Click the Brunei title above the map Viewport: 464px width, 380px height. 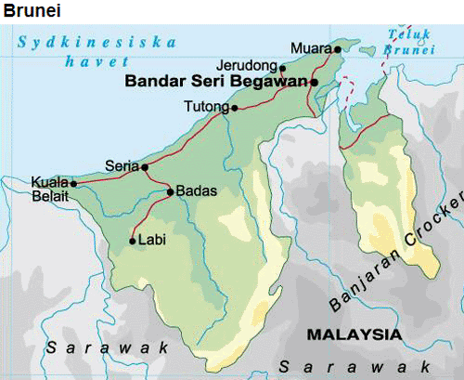[x=27, y=10]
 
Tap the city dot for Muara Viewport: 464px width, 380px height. [x=339, y=48]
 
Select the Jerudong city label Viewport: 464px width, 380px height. [x=245, y=66]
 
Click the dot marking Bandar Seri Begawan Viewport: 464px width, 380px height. [x=315, y=83]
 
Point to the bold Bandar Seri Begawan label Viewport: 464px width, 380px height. [x=215, y=83]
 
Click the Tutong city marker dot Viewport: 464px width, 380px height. [x=235, y=108]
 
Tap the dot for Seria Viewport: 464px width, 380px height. [x=145, y=167]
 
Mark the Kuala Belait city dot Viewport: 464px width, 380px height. [x=73, y=184]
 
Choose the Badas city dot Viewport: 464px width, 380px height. [x=170, y=192]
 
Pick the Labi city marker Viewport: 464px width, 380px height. [x=133, y=241]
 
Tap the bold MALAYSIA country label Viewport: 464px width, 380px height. [x=354, y=334]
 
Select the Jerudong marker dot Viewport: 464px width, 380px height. [x=283, y=68]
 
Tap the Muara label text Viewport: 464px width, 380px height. [x=310, y=47]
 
